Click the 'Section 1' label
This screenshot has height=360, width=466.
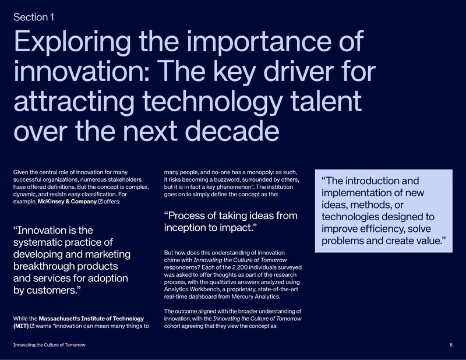click(x=34, y=17)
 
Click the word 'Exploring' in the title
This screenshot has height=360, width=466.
click(x=72, y=42)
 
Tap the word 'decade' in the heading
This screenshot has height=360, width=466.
click(x=232, y=131)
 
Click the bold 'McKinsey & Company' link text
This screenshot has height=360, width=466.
click(x=67, y=202)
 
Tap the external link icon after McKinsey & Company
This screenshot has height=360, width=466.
click(x=100, y=202)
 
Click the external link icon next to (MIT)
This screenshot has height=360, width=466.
click(x=32, y=326)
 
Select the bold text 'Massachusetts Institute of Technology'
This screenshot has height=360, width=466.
click(x=91, y=319)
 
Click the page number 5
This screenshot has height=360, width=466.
click(x=451, y=345)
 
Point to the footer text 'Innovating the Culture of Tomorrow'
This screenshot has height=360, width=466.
click(x=50, y=345)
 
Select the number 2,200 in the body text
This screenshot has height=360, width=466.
click(x=241, y=267)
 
